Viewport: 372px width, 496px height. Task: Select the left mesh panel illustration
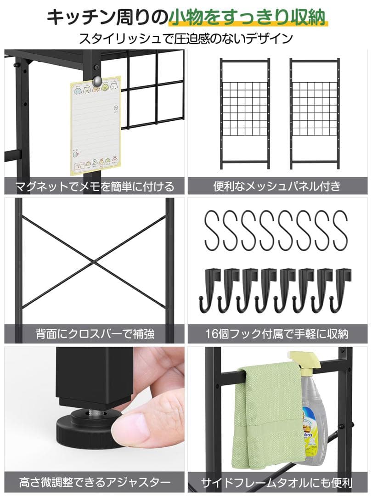coord(245,113)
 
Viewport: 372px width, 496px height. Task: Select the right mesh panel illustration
coord(315,113)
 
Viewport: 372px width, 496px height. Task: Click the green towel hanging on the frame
coord(269,413)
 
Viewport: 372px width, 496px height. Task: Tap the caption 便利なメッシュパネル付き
coord(277,186)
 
